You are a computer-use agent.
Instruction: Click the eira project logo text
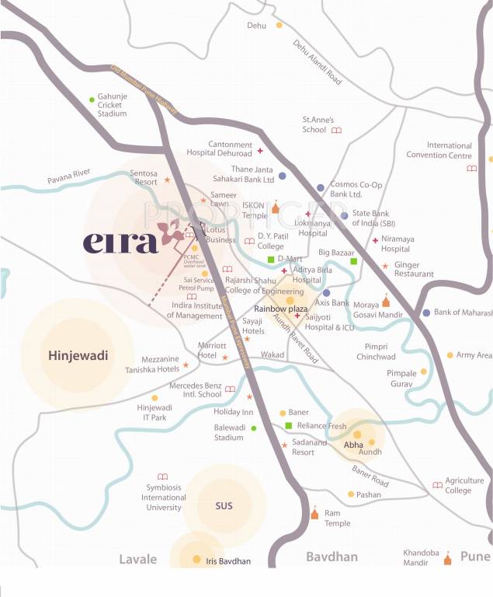[x=120, y=242]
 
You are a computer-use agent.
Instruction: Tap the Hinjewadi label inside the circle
[x=78, y=356]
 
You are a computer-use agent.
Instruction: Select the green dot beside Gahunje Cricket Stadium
[x=92, y=98]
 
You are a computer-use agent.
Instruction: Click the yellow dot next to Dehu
[x=279, y=26]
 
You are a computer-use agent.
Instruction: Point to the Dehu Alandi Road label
[x=318, y=63]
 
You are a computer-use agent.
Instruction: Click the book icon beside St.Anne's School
[x=336, y=131]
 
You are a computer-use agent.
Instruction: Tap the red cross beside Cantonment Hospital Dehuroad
[x=260, y=150]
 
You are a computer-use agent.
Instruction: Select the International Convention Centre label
[x=439, y=150]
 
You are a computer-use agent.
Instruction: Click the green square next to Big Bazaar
[x=353, y=261]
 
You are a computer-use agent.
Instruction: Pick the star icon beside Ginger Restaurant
[x=384, y=267]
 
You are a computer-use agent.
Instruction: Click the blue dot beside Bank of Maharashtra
[x=425, y=312]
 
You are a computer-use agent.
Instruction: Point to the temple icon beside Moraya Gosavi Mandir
[x=386, y=301]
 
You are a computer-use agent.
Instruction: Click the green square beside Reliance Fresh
[x=288, y=425]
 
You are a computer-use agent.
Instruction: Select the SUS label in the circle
[x=224, y=506]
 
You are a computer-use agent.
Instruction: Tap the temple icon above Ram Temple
[x=314, y=514]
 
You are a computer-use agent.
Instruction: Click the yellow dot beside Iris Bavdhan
[x=196, y=560]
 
